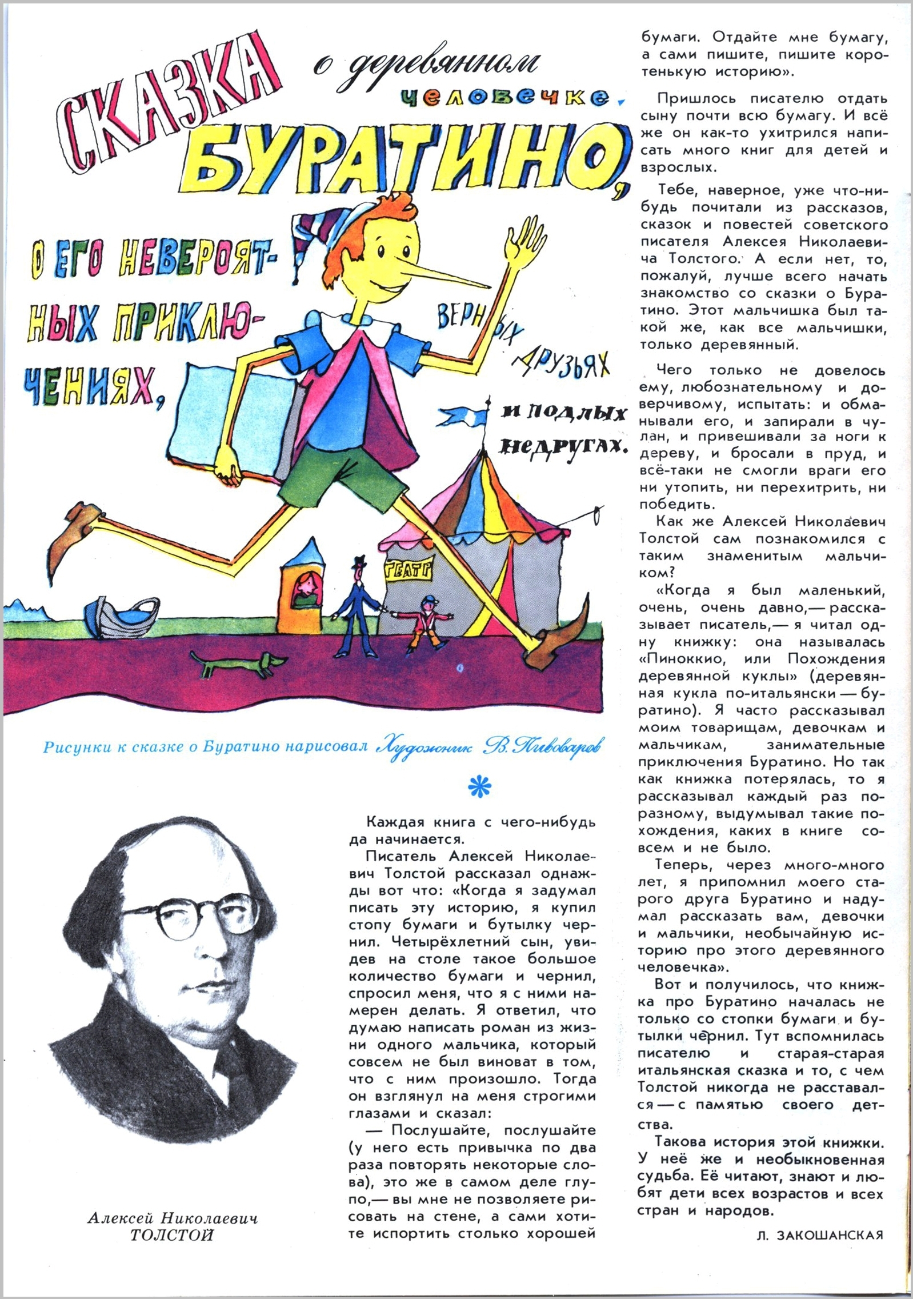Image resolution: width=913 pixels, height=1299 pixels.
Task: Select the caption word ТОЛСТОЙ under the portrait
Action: coord(172,1235)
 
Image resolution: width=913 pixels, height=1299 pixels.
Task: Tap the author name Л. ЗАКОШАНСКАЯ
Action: coord(819,1235)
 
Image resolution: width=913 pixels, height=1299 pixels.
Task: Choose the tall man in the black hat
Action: coord(354,606)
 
